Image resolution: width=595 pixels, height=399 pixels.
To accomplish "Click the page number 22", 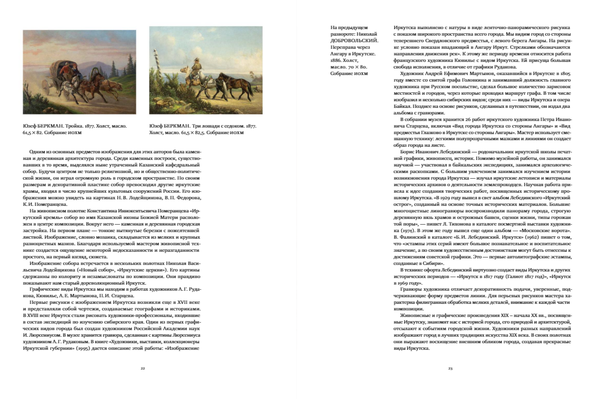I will pyautogui.click(x=143, y=368).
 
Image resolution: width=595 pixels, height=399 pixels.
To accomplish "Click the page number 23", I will pyautogui.click(x=450, y=368).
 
